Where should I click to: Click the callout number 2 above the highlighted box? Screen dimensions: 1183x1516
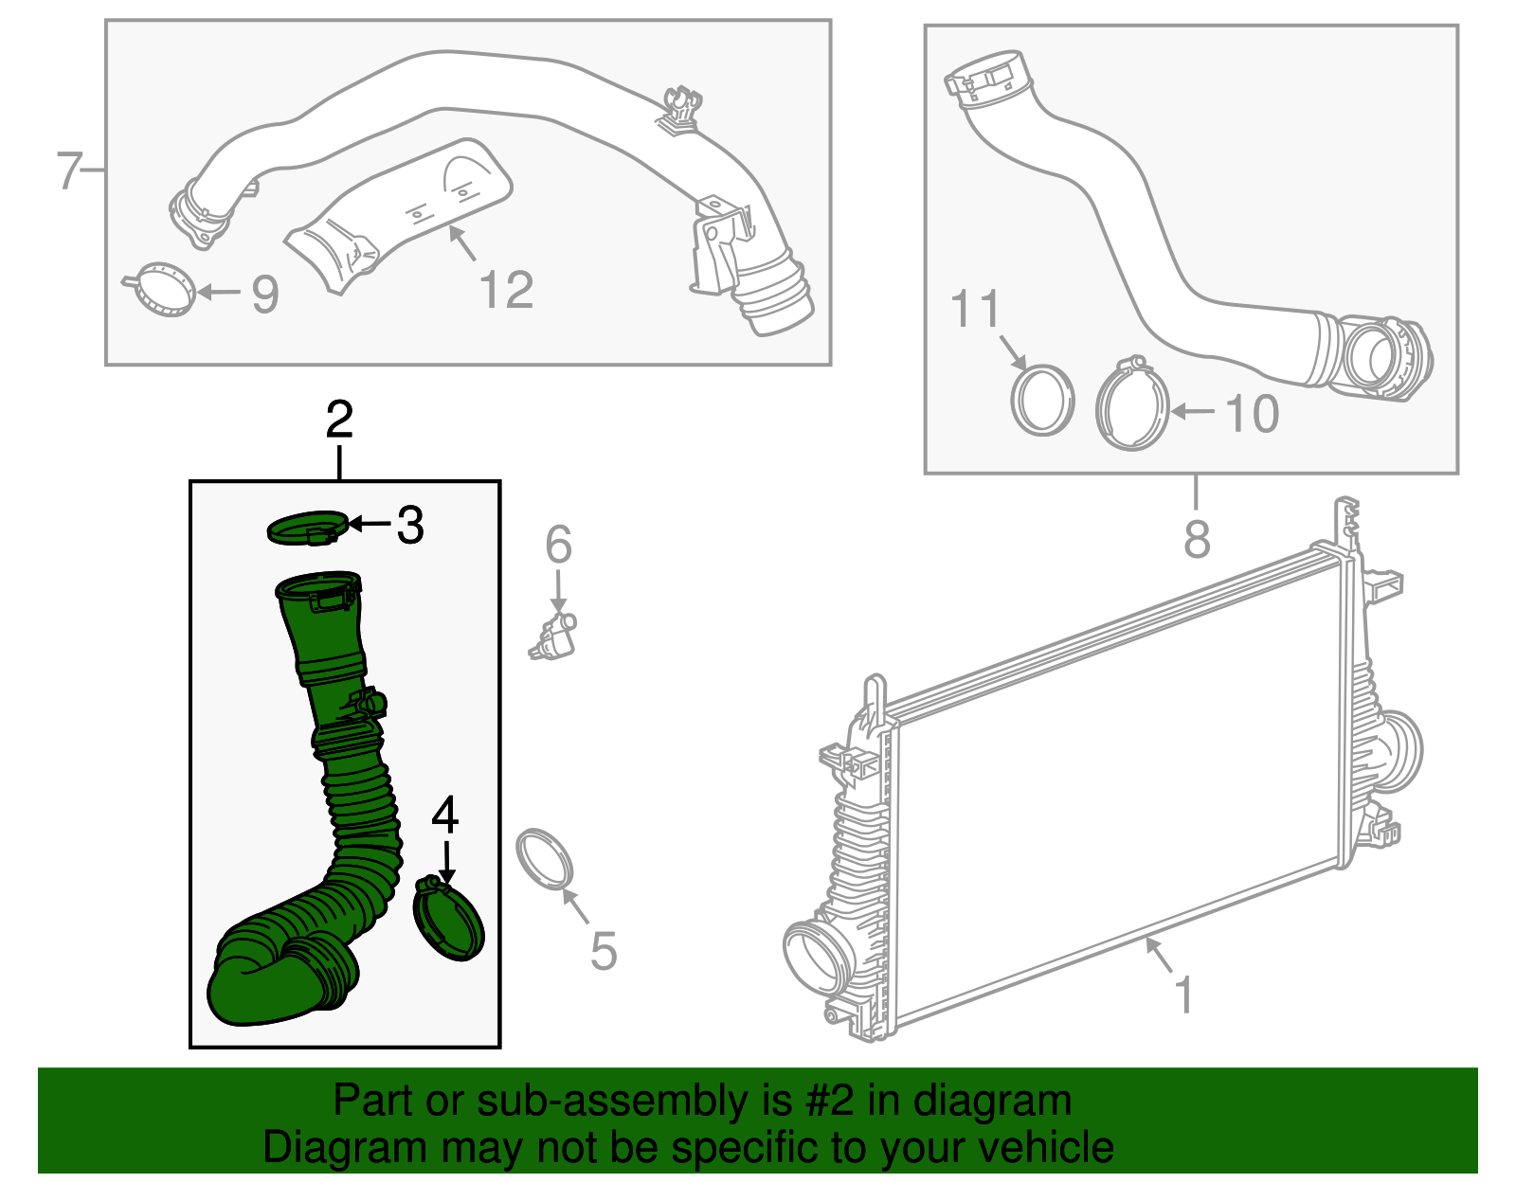[339, 421]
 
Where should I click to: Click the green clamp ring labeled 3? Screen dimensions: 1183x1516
[306, 528]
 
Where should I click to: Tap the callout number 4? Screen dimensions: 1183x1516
[445, 816]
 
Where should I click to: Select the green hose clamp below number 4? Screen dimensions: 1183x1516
[449, 919]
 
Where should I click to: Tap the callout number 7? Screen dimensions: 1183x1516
[68, 171]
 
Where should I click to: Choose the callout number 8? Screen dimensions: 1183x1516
[1197, 539]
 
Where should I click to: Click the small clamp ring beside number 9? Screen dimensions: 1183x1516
[165, 290]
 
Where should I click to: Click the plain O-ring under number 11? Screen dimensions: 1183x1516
[1042, 400]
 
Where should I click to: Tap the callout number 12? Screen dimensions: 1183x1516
[506, 290]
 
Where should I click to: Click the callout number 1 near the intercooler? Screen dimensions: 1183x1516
[1183, 995]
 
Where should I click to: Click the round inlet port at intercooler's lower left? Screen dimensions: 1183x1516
[815, 955]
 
